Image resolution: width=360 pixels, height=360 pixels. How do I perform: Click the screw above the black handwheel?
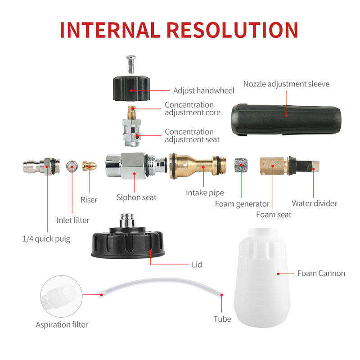tap(131, 64)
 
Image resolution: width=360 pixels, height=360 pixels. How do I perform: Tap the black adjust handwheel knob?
tap(131, 89)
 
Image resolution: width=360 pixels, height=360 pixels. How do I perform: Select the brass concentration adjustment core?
tap(132, 112)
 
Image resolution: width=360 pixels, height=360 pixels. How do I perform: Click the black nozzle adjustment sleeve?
tap(286, 120)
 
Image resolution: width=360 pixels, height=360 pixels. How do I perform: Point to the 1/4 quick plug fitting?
tap(41, 166)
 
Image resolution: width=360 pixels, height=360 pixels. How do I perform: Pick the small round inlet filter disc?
tap(72, 166)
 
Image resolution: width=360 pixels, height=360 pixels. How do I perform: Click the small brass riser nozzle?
tap(89, 166)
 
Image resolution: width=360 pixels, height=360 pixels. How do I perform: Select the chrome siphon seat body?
tap(136, 166)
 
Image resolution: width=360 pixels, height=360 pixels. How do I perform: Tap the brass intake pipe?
tap(198, 166)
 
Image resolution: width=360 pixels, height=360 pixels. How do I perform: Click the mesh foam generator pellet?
tap(241, 165)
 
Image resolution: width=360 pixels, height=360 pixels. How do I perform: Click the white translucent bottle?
tap(262, 277)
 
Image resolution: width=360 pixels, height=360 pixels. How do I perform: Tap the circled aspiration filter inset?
tap(61, 297)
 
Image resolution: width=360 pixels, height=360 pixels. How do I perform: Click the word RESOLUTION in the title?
tap(232, 30)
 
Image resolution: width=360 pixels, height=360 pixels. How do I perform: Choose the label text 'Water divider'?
tap(314, 203)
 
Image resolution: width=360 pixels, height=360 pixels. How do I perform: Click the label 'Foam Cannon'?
tap(321, 273)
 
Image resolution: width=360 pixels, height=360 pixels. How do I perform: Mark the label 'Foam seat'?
tap(274, 215)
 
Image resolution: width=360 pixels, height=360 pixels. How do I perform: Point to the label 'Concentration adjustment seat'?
tap(192, 136)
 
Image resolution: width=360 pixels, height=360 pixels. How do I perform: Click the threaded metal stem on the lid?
tap(127, 220)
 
